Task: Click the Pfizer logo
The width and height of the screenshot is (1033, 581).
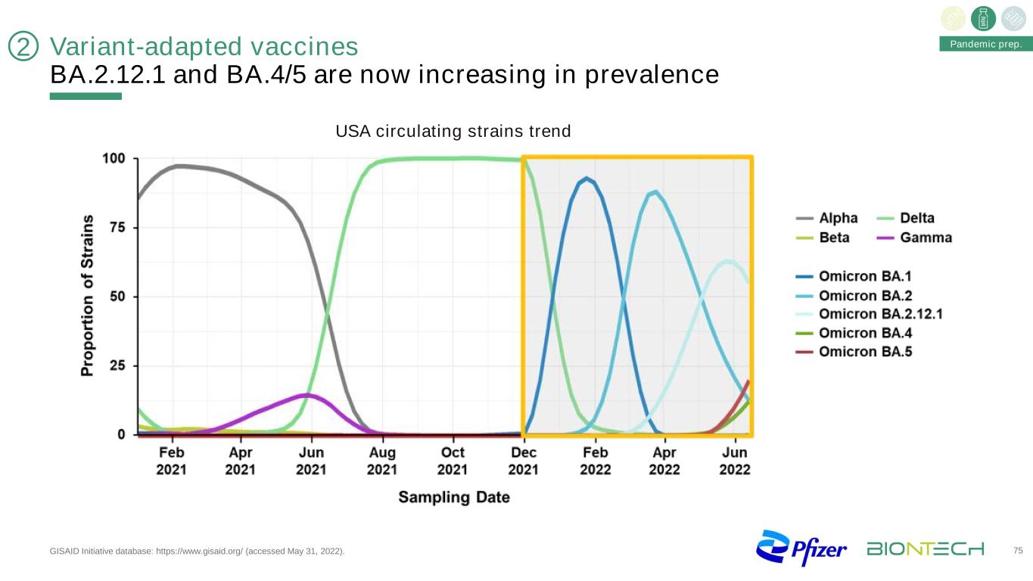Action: click(x=801, y=548)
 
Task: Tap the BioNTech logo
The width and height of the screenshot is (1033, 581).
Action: click(x=926, y=548)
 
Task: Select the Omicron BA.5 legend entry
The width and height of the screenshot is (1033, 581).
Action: click(x=866, y=353)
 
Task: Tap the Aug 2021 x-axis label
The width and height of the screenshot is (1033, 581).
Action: click(x=382, y=461)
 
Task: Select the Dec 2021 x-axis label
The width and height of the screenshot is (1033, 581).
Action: click(x=524, y=461)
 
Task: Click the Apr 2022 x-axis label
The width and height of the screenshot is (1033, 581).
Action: click(x=664, y=461)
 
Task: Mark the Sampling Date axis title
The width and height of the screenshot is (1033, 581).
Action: click(x=454, y=497)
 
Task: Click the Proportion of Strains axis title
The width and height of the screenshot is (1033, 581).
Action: click(x=89, y=296)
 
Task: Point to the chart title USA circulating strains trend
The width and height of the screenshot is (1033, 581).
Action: click(x=453, y=132)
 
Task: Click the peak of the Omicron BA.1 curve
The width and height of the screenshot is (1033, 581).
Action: click(x=586, y=179)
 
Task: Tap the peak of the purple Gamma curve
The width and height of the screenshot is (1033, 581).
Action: click(x=306, y=395)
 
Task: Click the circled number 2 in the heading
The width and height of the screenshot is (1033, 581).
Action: click(x=23, y=48)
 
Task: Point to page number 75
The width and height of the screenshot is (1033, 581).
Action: click(x=1016, y=550)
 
